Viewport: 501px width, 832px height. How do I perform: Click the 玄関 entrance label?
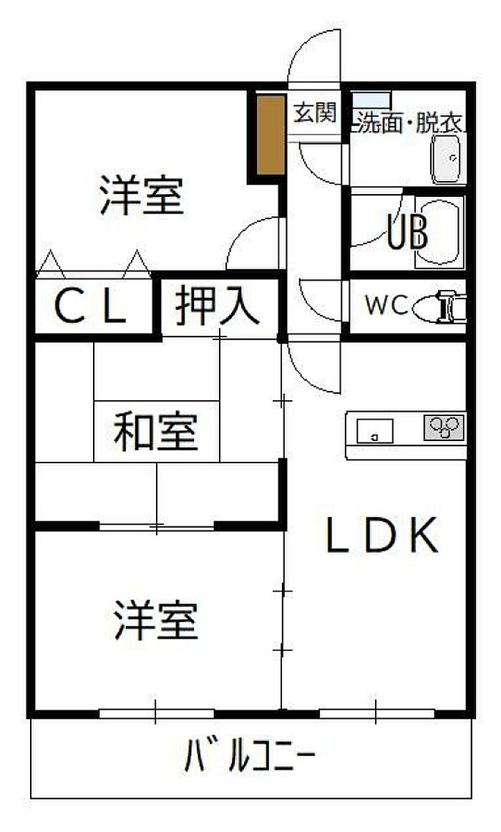pos(315,113)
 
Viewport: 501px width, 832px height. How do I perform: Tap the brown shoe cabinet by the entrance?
pos(271,135)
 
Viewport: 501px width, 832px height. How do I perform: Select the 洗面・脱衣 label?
pos(408,124)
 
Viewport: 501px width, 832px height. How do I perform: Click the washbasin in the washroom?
pos(449,159)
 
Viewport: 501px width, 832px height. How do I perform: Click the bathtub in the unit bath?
pos(439,232)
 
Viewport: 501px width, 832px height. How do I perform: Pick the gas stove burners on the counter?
pos(444,427)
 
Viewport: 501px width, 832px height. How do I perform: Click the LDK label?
pos(381,534)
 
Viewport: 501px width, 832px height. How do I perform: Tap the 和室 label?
pos(155,431)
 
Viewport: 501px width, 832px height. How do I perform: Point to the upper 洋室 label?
pos(142,195)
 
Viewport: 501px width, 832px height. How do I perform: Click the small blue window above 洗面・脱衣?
pos(371,100)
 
